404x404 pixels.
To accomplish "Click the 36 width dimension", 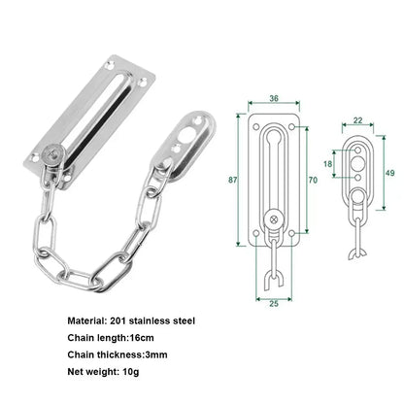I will [x=275, y=98].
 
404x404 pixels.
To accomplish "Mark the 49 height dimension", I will [x=391, y=172].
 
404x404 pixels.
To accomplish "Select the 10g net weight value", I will [x=132, y=372].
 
